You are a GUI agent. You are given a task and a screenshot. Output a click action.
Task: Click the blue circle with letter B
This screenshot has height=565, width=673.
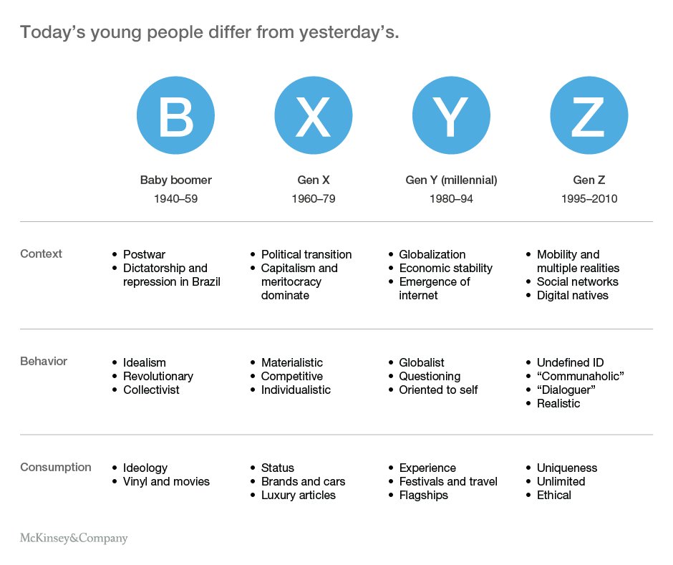click(x=175, y=115)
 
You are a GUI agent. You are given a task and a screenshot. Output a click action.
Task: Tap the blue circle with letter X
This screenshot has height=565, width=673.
click(x=314, y=115)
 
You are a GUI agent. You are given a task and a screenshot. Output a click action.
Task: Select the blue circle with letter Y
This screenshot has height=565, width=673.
click(x=451, y=115)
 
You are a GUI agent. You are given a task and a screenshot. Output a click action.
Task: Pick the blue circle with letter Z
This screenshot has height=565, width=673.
click(x=589, y=115)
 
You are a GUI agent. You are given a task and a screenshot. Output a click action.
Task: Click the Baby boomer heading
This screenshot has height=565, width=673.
click(x=176, y=180)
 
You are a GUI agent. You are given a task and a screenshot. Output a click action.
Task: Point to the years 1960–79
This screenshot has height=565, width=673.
click(x=314, y=199)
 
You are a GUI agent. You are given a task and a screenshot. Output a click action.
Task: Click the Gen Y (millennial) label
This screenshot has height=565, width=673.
click(x=451, y=180)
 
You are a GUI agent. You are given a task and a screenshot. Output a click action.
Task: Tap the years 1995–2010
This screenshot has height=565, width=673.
click(x=589, y=199)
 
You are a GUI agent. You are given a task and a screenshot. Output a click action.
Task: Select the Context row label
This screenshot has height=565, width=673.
click(x=42, y=253)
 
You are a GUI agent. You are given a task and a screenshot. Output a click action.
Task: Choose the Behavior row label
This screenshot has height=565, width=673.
click(x=44, y=361)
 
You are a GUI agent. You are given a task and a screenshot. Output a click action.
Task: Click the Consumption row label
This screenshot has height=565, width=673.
click(x=56, y=467)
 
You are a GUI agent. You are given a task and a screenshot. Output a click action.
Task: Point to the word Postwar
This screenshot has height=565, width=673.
click(x=144, y=255)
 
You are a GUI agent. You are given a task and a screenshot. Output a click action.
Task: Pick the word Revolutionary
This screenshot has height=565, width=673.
click(x=158, y=377)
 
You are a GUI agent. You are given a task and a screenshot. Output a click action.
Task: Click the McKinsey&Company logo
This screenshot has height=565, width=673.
click(x=74, y=538)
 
